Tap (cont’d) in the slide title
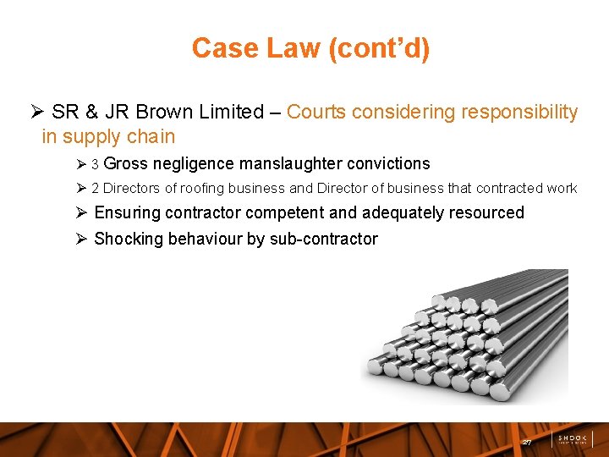380,48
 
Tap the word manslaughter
288,164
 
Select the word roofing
202,189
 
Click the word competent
289,213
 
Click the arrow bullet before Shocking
81,240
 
